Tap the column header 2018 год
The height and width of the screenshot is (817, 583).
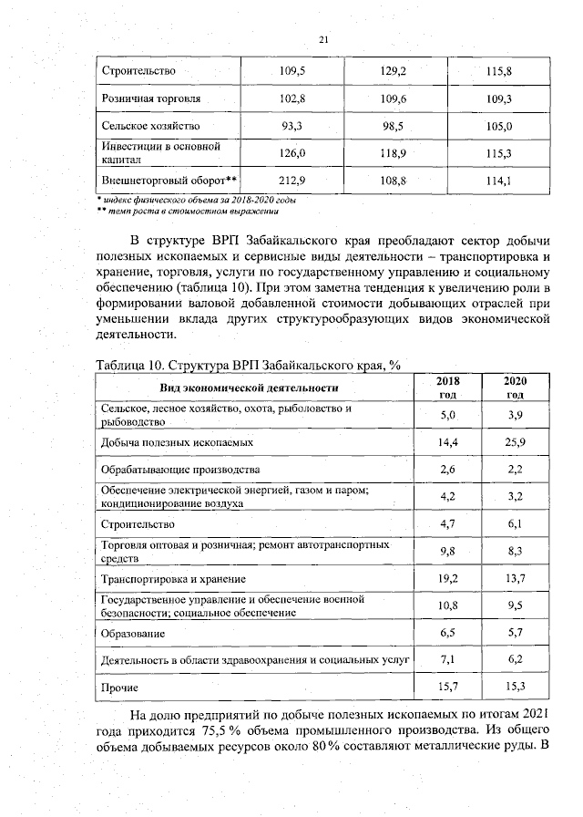click(447, 388)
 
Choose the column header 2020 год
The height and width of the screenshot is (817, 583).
click(514, 388)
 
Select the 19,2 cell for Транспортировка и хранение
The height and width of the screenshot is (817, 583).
click(447, 579)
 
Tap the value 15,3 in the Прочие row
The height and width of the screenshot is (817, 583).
click(514, 685)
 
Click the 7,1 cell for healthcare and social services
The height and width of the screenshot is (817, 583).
click(447, 657)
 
